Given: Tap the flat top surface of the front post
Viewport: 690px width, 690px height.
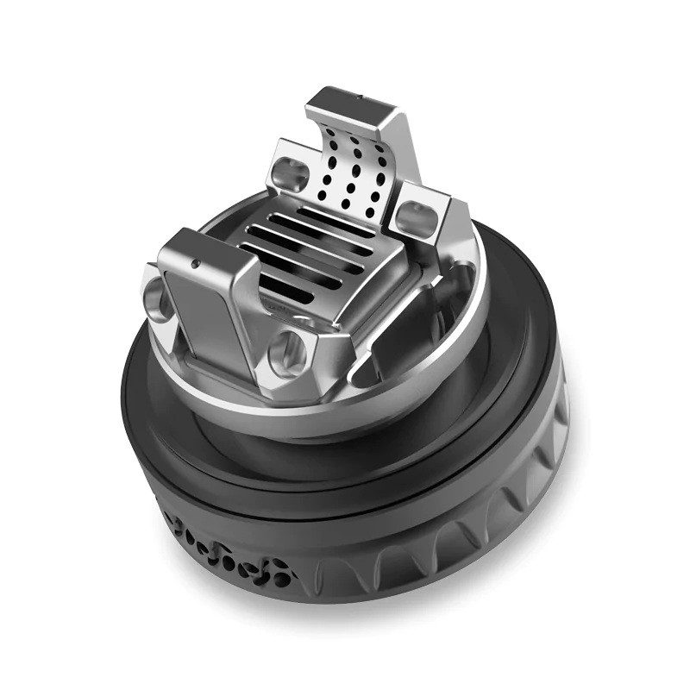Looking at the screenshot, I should coord(203,250).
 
